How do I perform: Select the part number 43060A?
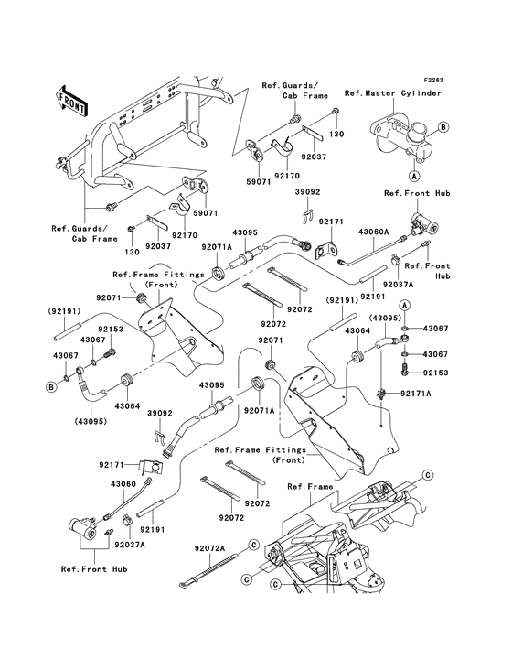tap(373, 232)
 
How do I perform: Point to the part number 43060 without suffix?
tap(123, 483)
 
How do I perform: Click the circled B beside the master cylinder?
tap(443, 126)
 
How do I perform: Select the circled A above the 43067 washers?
tap(409, 303)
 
